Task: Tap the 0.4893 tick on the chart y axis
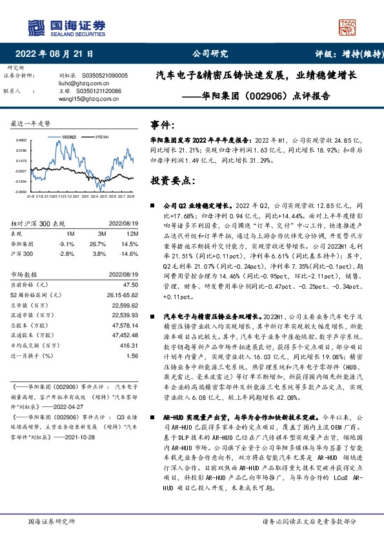(x=21, y=140)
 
